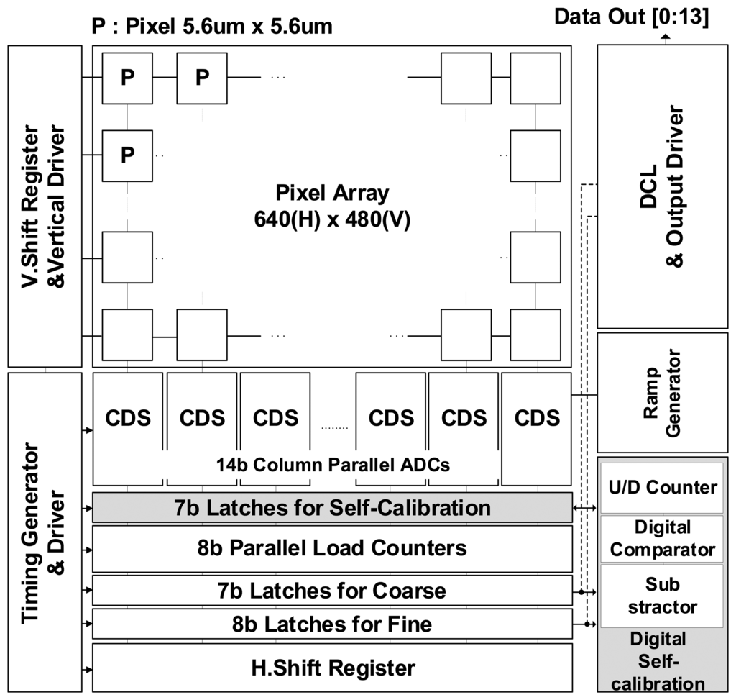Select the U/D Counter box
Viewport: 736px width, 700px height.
(662, 487)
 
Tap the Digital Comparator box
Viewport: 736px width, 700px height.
(662, 538)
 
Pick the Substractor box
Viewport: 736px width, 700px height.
(662, 594)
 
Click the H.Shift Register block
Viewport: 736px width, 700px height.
(332, 668)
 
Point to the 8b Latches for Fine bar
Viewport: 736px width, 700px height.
(332, 624)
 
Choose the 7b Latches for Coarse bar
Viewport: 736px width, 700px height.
(332, 591)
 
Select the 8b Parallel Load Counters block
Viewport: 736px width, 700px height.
(332, 548)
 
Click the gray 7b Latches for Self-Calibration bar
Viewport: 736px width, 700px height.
(332, 508)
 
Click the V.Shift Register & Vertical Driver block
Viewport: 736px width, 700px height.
(45, 206)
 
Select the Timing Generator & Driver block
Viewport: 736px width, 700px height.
(45, 532)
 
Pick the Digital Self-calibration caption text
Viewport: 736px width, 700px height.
(662, 661)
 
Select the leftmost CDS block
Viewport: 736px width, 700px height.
(128, 417)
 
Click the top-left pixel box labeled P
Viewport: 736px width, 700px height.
(127, 78)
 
